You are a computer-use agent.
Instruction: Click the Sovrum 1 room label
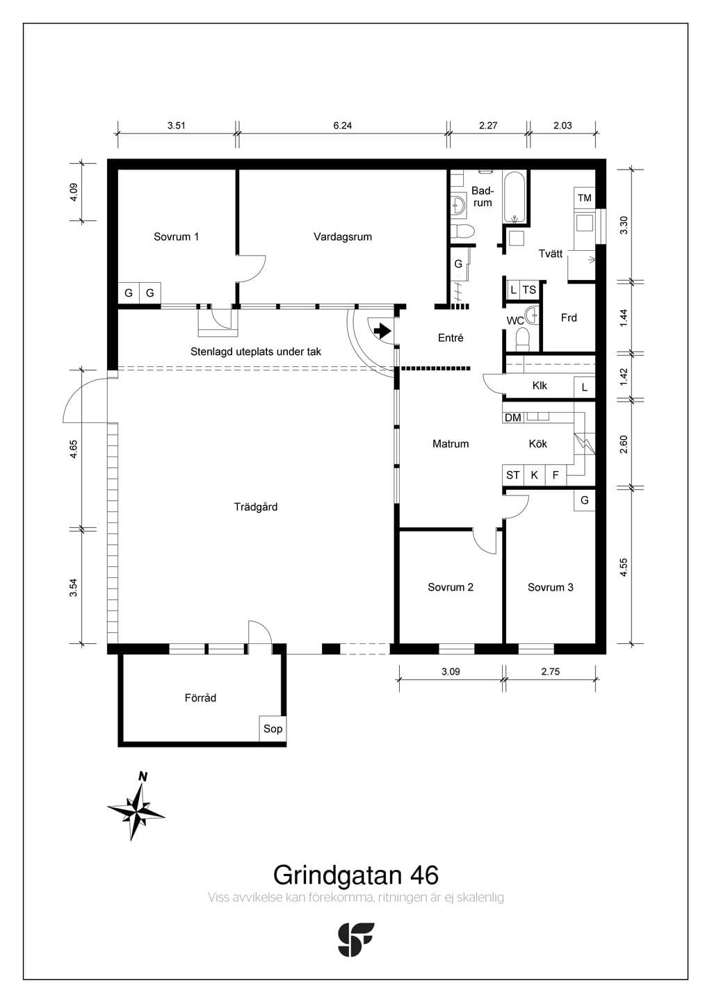[x=176, y=237]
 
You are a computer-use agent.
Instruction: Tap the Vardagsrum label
[x=343, y=237]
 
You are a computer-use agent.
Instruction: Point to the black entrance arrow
[x=382, y=331]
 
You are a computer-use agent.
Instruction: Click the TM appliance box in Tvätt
[x=584, y=197]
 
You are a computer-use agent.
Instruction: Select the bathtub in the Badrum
[x=515, y=197]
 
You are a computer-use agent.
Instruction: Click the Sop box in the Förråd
[x=273, y=728]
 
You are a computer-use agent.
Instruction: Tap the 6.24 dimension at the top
[x=343, y=125]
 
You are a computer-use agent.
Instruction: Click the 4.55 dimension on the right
[x=624, y=567]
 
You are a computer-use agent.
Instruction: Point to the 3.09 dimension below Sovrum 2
[x=451, y=671]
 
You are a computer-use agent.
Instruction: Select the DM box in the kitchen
[x=512, y=418]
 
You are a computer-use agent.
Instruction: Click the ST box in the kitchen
[x=513, y=475]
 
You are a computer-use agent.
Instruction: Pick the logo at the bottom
[x=356, y=939]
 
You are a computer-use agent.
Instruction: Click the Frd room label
[x=569, y=318]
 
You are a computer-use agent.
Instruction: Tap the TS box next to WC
[x=529, y=290]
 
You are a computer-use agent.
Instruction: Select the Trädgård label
[x=256, y=507]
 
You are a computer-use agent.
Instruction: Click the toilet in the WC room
[x=522, y=340]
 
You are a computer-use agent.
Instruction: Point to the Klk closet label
[x=540, y=386]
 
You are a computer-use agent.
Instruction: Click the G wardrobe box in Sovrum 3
[x=584, y=500]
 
